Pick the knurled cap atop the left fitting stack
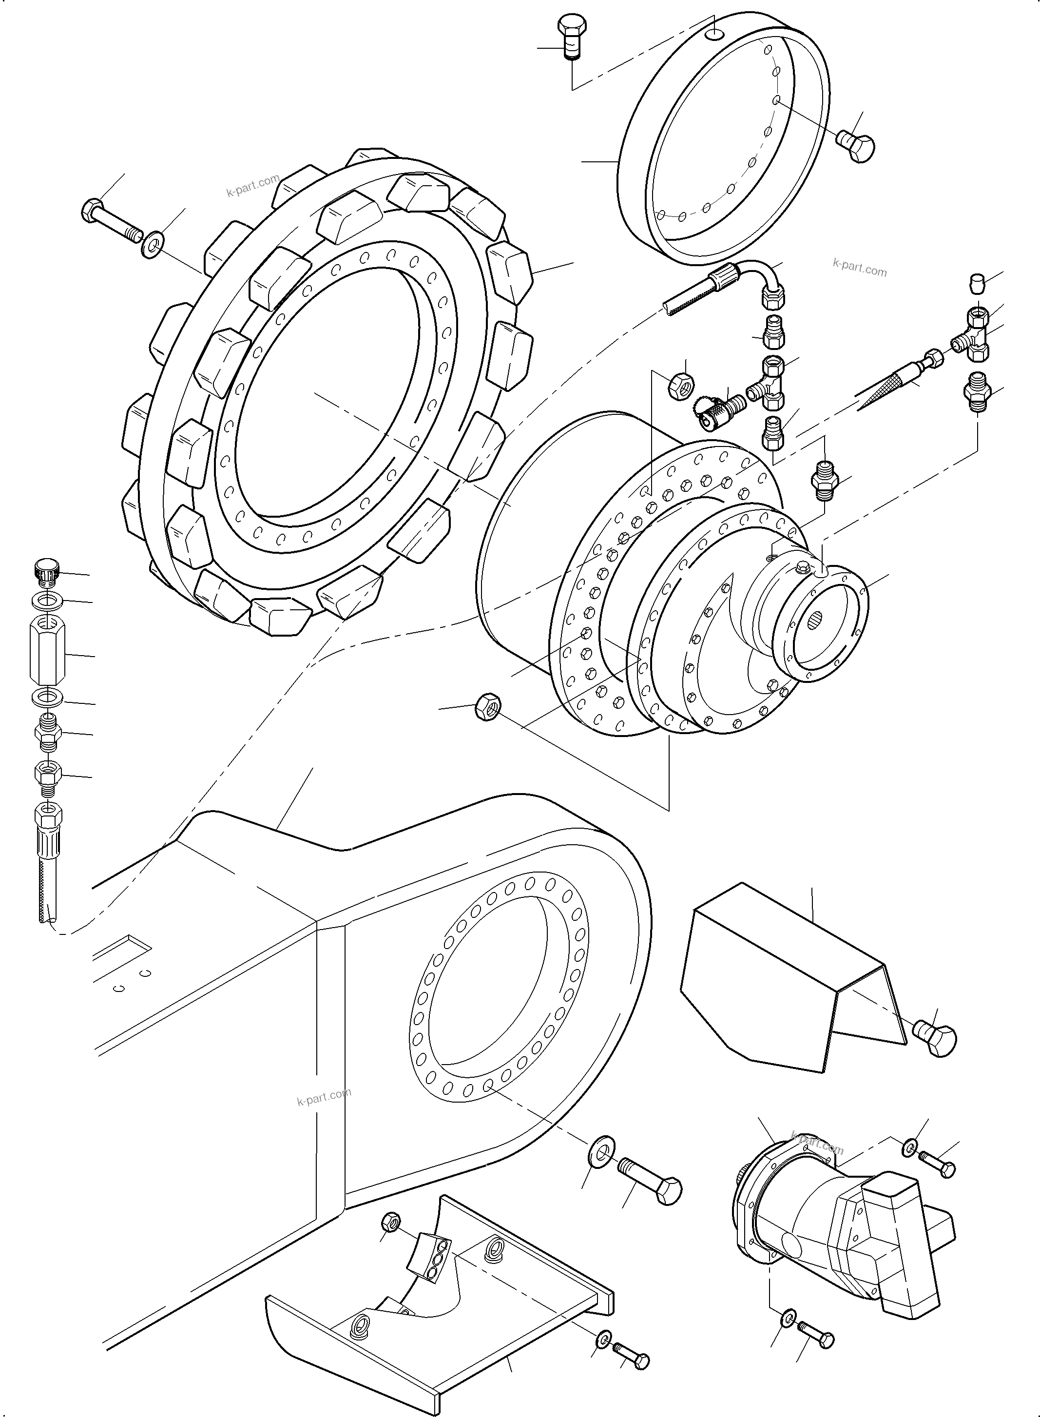pyautogui.click(x=45, y=570)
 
